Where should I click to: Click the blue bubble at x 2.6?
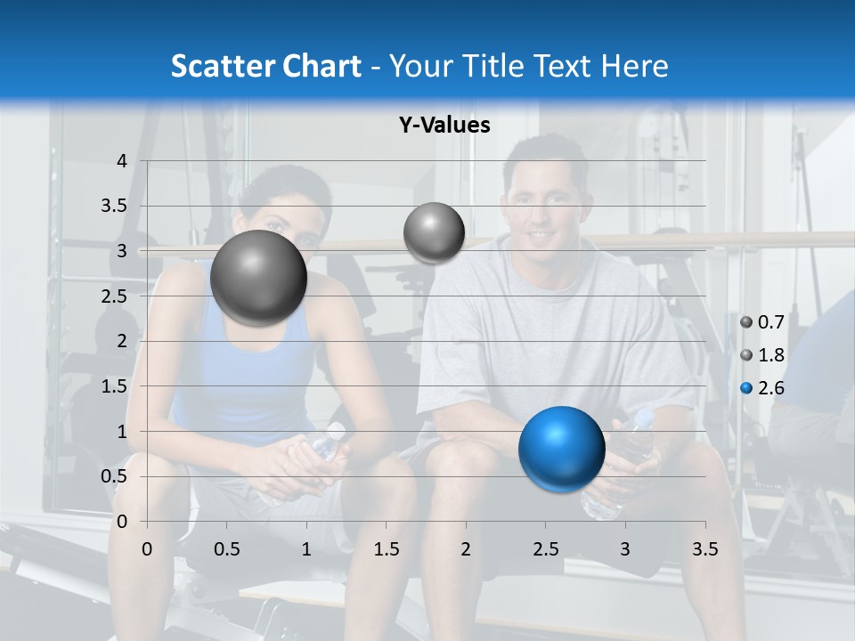click(561, 449)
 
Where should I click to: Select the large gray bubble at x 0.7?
click(258, 278)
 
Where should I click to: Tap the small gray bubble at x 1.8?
click(434, 232)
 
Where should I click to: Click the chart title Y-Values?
click(444, 126)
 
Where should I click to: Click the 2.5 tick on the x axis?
click(546, 549)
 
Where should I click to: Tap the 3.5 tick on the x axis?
click(704, 549)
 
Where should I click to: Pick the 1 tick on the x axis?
click(306, 549)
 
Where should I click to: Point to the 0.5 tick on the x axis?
click(226, 549)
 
